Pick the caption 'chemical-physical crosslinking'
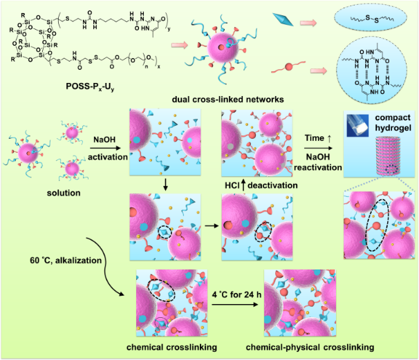coord(298,344)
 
